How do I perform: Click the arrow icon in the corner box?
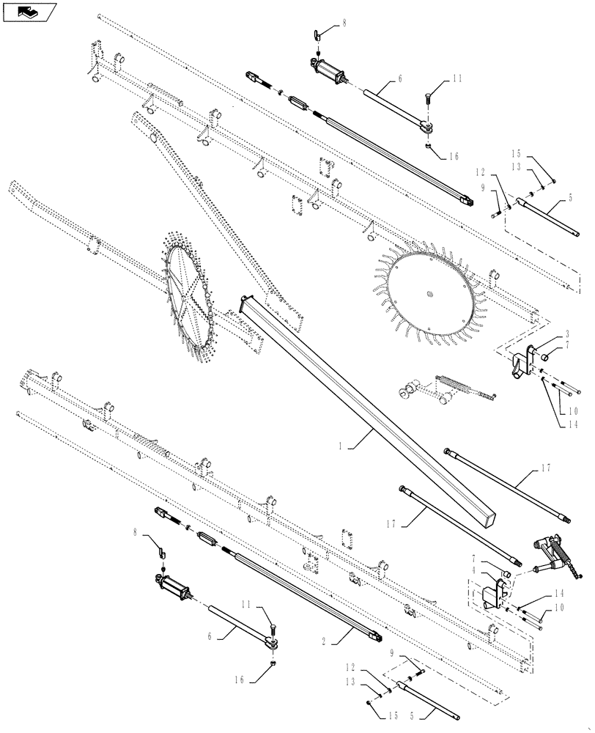pyautogui.click(x=29, y=12)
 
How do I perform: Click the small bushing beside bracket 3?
pyautogui.click(x=546, y=357)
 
